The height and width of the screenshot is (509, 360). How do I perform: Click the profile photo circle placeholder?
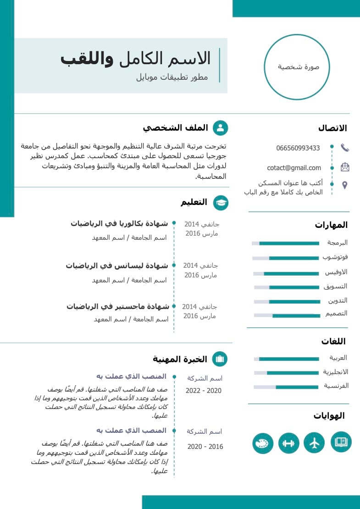pos(297,67)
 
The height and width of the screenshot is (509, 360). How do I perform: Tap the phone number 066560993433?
pos(298,148)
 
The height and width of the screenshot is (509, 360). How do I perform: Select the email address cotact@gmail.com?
pos(294,168)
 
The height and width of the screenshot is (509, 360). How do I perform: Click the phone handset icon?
pos(345,148)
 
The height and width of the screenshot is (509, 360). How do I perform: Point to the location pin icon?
pos(345,185)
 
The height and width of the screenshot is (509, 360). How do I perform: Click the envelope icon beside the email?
pos(345,167)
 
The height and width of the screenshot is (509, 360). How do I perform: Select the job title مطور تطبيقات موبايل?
pos(172,77)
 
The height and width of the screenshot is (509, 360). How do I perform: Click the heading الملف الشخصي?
pos(175,128)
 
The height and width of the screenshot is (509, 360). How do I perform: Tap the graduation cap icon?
pos(221,203)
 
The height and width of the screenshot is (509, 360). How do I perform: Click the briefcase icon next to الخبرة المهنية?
pos(220,359)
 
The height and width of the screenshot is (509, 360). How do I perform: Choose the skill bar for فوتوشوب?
pos(286,258)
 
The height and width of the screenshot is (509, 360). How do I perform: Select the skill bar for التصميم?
pos(286,315)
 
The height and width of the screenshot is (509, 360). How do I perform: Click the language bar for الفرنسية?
pos(286,387)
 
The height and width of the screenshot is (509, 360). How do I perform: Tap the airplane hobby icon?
pos(314,443)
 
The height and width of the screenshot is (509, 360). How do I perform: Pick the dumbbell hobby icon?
pos(288,443)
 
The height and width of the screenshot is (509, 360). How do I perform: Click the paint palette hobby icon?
pos(263,443)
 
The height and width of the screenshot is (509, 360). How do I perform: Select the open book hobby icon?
pos(341,442)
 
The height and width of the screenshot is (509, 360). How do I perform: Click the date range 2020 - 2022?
pos(204,391)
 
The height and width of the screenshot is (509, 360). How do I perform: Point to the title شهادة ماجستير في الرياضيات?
pos(118,306)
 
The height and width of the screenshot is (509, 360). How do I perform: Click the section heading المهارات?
pos(331,225)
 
